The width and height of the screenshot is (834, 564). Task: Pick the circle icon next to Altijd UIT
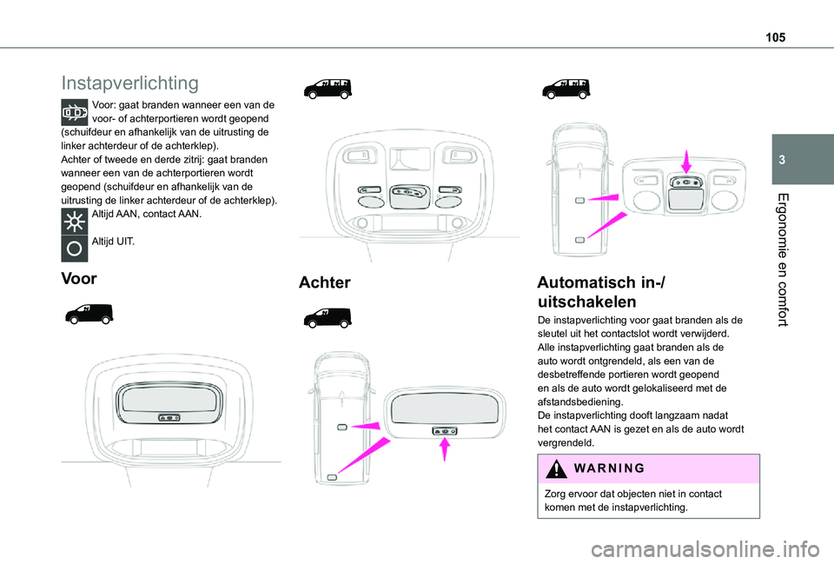coord(75,249)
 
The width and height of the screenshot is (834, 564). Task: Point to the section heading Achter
coord(324,282)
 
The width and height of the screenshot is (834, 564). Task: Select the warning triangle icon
coord(556,468)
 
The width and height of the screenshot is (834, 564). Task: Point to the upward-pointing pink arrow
coord(445,448)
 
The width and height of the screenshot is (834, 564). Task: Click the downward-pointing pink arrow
coord(685,161)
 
